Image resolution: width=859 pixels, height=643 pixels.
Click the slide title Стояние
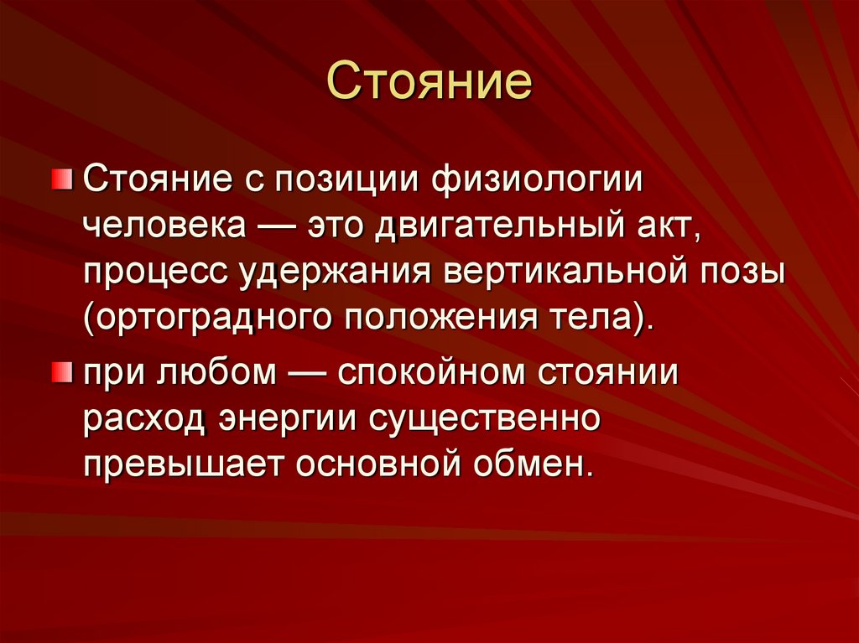point(429,85)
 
